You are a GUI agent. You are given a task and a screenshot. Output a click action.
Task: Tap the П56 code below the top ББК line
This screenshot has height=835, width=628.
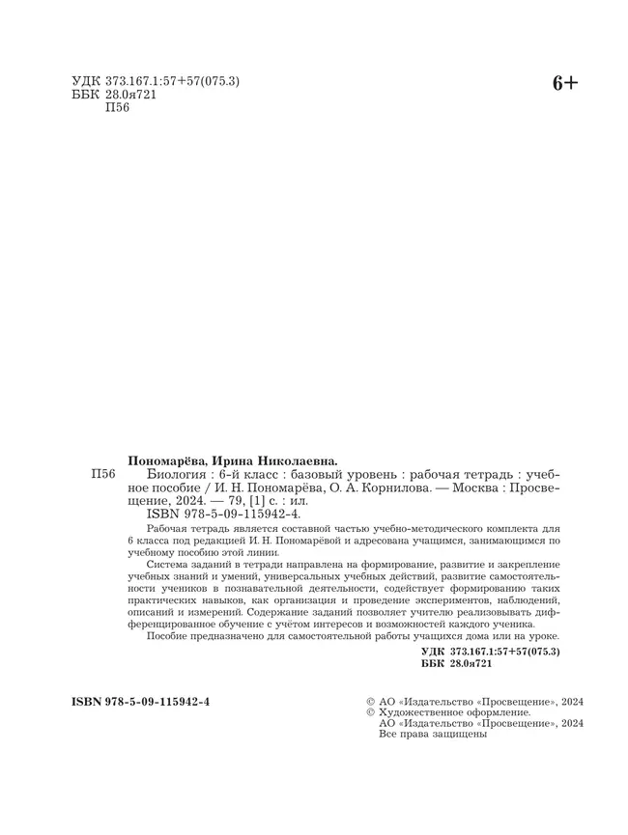[114, 108]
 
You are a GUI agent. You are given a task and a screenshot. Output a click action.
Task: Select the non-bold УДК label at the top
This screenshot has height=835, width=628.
[85, 81]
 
